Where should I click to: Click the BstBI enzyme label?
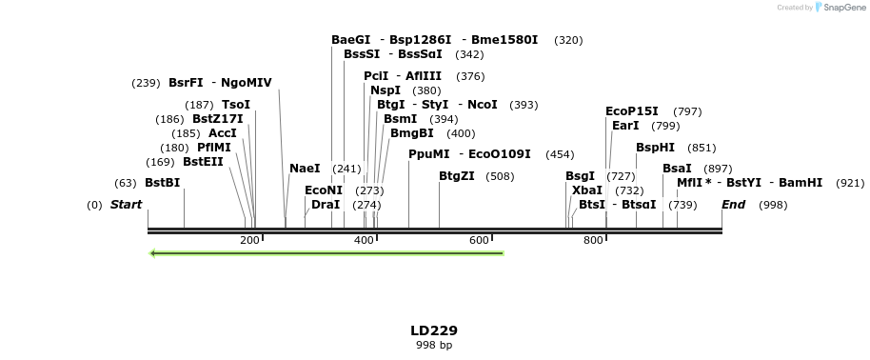[x=162, y=183]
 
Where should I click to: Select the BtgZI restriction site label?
[x=457, y=176]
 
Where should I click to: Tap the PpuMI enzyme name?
[x=428, y=154]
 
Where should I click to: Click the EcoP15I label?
[x=632, y=111]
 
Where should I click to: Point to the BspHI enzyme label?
[x=655, y=148]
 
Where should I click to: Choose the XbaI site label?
[x=587, y=190]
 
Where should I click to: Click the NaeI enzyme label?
[x=305, y=169]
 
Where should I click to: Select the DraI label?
[x=326, y=205]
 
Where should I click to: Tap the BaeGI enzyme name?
[x=350, y=40]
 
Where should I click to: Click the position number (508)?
[x=500, y=176]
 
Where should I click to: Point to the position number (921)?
[x=850, y=183]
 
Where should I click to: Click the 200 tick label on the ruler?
[x=250, y=241]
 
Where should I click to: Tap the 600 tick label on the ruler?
[x=479, y=241]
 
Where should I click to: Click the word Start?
[x=126, y=205]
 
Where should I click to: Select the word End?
[x=733, y=205]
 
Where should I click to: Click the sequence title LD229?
[x=434, y=330]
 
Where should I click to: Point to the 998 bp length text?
[x=434, y=345]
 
